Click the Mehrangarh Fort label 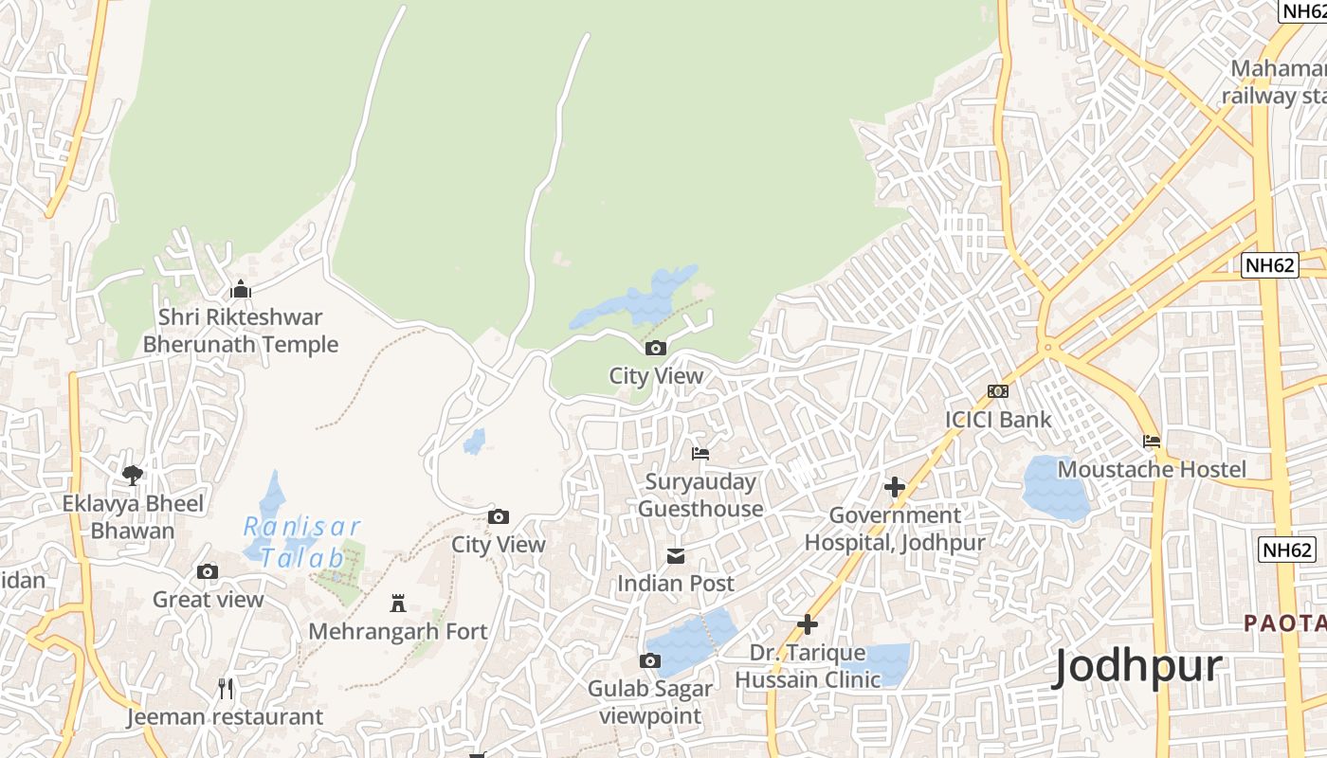[398, 631]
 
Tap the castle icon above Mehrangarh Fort [398, 604]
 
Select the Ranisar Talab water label [301, 542]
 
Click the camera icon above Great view [208, 571]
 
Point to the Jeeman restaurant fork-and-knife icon [226, 689]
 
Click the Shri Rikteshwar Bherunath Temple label [241, 331]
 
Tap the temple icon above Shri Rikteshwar [241, 289]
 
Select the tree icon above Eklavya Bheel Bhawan [133, 475]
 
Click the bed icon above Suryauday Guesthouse [700, 454]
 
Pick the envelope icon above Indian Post [676, 555]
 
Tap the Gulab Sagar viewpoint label [650, 702]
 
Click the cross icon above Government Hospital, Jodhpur [894, 487]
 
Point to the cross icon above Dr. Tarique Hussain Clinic [808, 624]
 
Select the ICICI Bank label [998, 419]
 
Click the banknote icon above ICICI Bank [998, 391]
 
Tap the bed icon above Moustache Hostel [1152, 442]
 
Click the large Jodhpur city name [1137, 668]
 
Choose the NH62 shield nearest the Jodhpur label [1288, 550]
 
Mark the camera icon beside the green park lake [656, 348]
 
